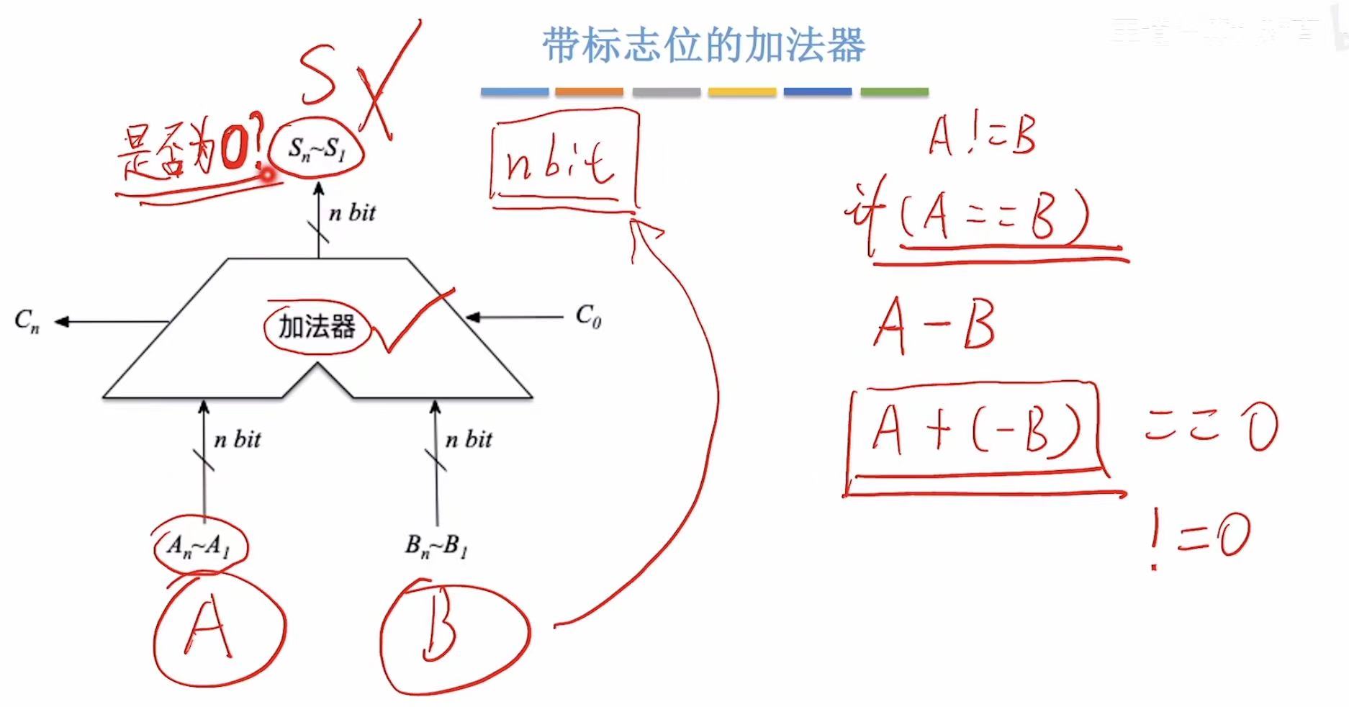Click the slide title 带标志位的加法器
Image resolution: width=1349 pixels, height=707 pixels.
coord(703,45)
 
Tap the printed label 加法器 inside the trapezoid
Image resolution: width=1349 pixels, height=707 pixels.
coord(317,327)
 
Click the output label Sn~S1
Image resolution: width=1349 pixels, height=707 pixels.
coord(317,150)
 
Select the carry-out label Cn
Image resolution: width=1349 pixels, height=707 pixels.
coord(27,320)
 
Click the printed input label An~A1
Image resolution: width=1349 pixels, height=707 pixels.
coord(199,546)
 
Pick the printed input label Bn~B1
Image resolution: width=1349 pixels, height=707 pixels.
coord(436,546)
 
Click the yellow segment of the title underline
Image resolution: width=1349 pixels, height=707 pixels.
coord(742,92)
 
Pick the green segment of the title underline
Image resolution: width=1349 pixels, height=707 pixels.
coord(894,92)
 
